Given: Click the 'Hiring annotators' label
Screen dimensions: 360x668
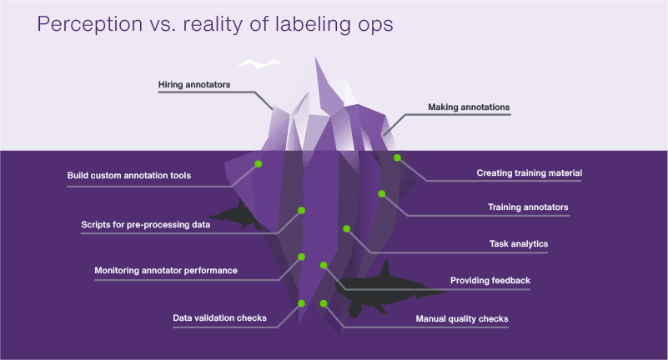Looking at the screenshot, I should pos(194,85).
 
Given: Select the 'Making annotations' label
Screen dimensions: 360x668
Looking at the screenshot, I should pos(469,107).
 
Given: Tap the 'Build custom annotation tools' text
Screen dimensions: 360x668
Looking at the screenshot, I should pos(129,176).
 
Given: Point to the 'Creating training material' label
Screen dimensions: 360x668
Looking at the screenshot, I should pos(529,173).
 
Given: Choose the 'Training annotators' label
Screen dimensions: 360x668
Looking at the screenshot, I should pos(528,207).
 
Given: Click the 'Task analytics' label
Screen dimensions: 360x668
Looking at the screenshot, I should pos(518,244).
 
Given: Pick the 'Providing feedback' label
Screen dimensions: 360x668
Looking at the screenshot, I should pos(490,281).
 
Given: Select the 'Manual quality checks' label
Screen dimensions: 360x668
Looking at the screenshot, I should pos(461,318).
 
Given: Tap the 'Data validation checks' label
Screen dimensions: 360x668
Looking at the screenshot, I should pos(219,318).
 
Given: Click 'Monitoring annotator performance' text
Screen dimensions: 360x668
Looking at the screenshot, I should pos(166,271).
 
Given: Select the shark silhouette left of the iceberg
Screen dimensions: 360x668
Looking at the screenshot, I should pos(238,215).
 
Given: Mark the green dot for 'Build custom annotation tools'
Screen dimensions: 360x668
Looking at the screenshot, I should pos(258,163).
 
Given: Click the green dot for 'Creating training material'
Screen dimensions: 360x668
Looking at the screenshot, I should pos(398,157).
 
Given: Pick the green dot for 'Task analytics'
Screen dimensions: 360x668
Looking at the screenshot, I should pos(345,228).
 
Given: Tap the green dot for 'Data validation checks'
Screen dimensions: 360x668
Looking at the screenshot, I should pos(302,303).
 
